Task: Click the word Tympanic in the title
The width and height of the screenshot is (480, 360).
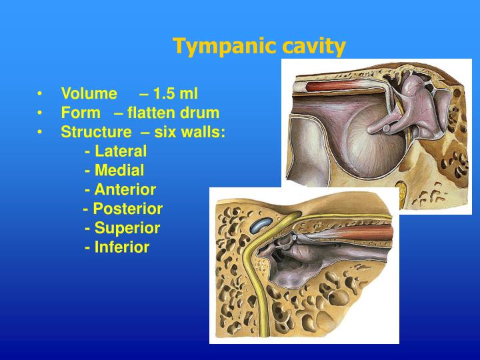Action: pyautogui.click(x=215, y=47)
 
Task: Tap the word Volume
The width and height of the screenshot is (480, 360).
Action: pyautogui.click(x=89, y=94)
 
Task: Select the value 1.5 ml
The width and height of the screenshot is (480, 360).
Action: pyautogui.click(x=175, y=94)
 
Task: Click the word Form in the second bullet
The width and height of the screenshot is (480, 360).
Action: pyautogui.click(x=79, y=113)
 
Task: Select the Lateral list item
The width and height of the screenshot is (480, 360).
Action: pyautogui.click(x=120, y=151)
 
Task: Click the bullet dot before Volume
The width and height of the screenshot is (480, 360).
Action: pyautogui.click(x=41, y=94)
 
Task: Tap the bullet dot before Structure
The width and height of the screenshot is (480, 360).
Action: pyautogui.click(x=41, y=132)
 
